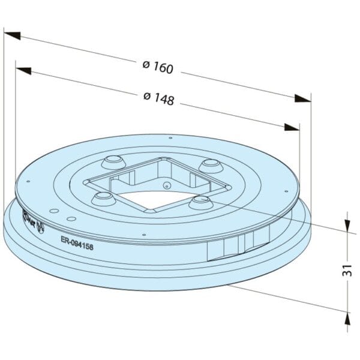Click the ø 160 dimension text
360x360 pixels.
(x=158, y=67)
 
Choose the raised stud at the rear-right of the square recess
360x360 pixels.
(x=211, y=165)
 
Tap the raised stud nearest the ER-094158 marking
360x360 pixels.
(x=103, y=198)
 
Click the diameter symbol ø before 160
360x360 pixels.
(x=146, y=64)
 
